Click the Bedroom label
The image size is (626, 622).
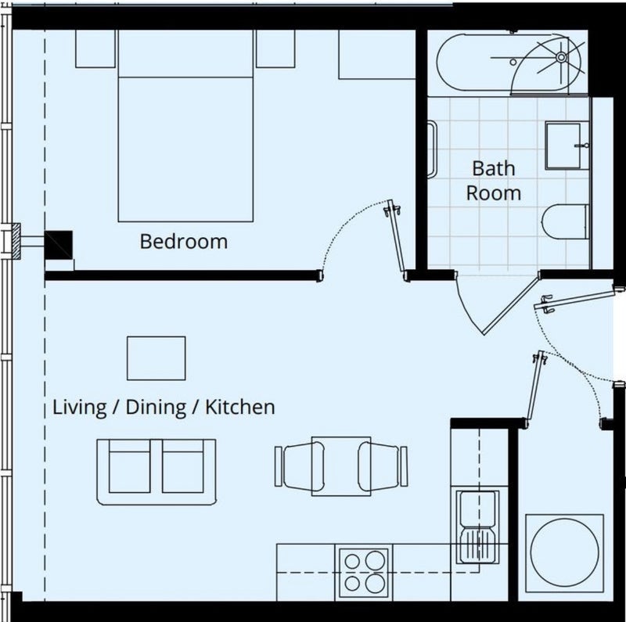(184, 242)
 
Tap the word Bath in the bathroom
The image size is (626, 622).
(494, 168)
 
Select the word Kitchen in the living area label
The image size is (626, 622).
(240, 407)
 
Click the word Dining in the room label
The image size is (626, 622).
(156, 408)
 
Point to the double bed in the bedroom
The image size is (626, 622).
(185, 126)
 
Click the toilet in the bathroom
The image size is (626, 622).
(566, 222)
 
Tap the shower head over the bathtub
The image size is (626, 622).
(561, 57)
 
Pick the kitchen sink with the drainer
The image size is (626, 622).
(477, 527)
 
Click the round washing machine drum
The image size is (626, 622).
(564, 552)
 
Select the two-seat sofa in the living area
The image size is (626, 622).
(156, 472)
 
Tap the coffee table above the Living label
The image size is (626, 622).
(156, 358)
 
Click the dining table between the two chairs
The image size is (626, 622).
(341, 466)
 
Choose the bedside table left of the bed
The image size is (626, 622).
(95, 49)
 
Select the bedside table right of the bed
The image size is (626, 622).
(275, 49)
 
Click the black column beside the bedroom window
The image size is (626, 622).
(58, 245)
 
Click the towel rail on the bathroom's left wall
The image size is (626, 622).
(432, 149)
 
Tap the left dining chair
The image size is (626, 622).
(300, 466)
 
